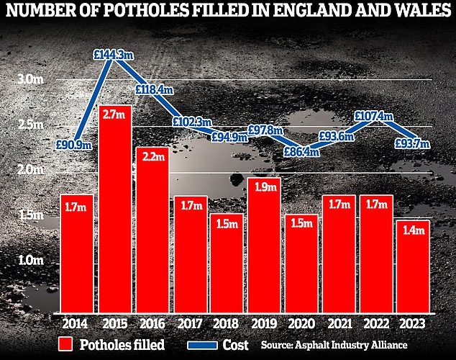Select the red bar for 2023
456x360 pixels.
click(x=412, y=266)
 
